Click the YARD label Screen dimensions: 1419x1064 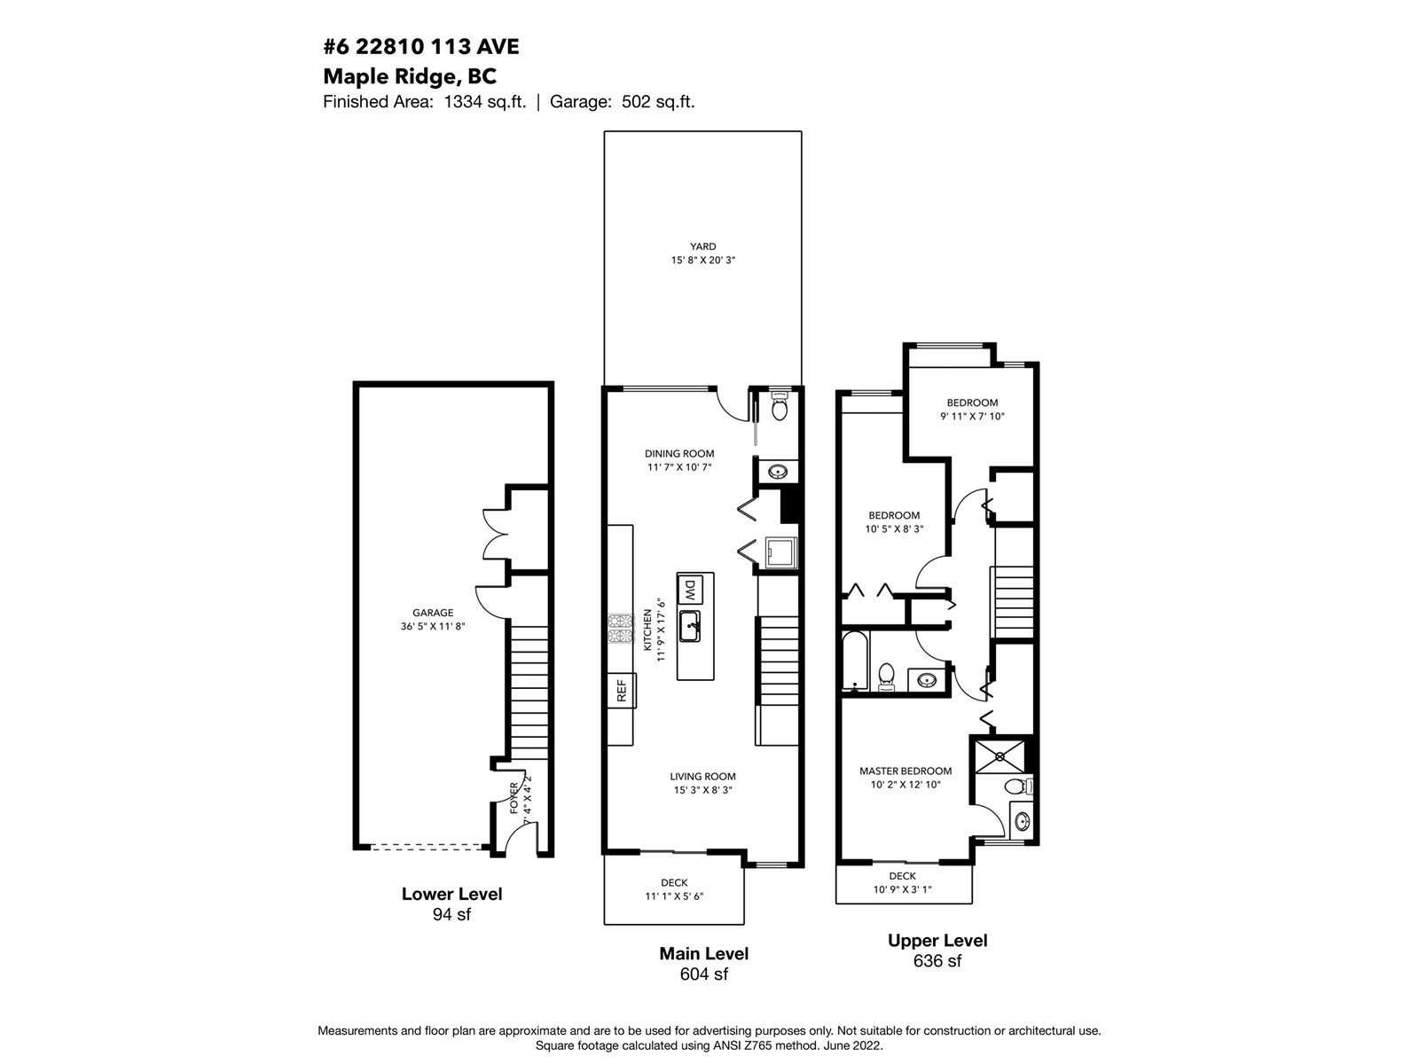(x=702, y=246)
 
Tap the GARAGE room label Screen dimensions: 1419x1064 (x=433, y=613)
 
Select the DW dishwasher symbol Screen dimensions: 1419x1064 (x=690, y=589)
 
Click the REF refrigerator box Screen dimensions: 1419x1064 (x=622, y=690)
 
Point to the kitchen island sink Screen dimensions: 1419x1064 (x=690, y=626)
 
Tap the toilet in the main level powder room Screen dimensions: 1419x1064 (x=780, y=405)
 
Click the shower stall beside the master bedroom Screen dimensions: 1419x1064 (x=1000, y=756)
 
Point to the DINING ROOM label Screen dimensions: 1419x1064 (x=679, y=453)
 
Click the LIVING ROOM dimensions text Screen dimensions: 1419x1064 (x=702, y=789)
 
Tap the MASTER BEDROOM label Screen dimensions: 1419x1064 (x=905, y=771)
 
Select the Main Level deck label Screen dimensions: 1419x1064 (x=674, y=882)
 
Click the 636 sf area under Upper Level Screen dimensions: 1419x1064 (x=937, y=960)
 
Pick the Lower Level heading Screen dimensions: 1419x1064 (x=452, y=894)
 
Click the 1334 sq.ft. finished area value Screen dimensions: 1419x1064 (x=485, y=101)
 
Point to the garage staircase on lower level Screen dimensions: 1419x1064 (x=529, y=688)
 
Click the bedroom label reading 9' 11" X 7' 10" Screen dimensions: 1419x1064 (x=972, y=416)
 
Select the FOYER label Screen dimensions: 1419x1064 (x=514, y=798)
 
